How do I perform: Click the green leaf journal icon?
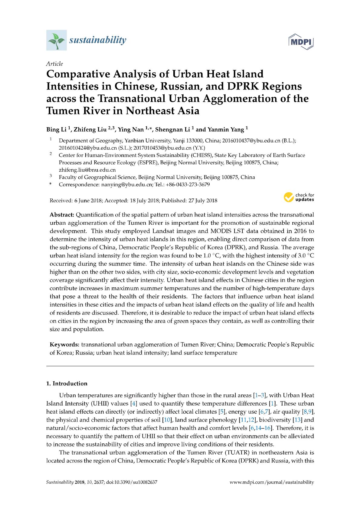56,40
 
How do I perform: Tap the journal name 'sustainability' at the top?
97,40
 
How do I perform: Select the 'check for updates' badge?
299,197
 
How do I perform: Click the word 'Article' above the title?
54,64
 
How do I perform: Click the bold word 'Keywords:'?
64,344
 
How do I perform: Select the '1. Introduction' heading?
67,383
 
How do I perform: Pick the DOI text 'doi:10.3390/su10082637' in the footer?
132,482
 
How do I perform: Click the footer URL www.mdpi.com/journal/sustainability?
272,482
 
